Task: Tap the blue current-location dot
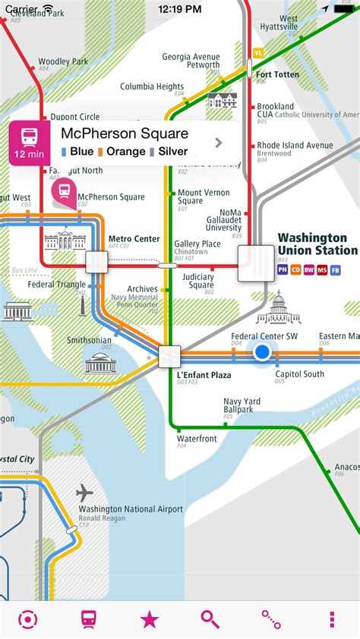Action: click(263, 352)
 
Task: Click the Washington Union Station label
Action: click(317, 244)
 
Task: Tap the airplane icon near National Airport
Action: click(85, 493)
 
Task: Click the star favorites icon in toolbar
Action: click(150, 619)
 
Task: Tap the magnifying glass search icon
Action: click(210, 619)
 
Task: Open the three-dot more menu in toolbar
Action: click(332, 619)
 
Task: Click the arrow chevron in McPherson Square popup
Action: click(219, 142)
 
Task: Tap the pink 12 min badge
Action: click(29, 143)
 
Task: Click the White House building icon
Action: click(64, 241)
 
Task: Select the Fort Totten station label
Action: click(277, 74)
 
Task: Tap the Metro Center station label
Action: click(134, 239)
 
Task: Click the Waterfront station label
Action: click(197, 439)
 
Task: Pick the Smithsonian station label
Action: click(89, 341)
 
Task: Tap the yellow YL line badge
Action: click(258, 52)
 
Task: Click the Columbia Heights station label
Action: click(152, 87)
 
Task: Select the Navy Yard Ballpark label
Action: click(242, 405)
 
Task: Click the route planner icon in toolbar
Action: click(271, 619)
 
